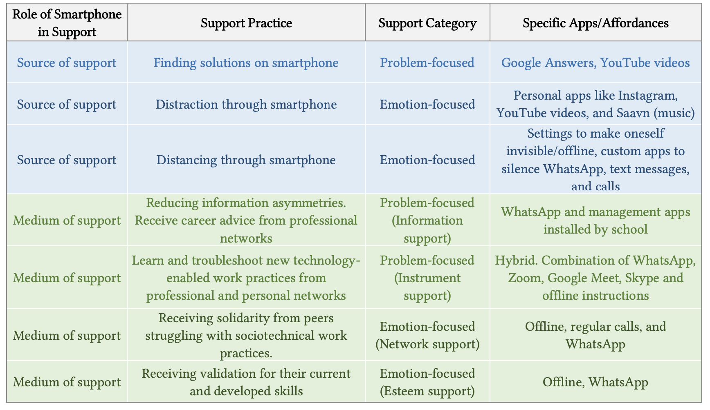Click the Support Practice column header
tap(246, 23)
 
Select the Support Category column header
tap(427, 23)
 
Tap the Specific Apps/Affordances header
tap(595, 23)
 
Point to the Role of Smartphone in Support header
tap(67, 23)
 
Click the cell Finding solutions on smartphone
tap(246, 62)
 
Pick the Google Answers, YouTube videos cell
tap(595, 62)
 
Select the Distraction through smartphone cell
tap(246, 104)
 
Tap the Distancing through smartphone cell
tap(246, 160)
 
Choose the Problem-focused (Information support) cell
tap(427, 220)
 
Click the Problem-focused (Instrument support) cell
tap(427, 278)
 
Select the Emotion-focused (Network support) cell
tap(427, 335)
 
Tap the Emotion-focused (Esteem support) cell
tap(427, 382)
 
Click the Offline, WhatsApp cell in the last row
tap(595, 382)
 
